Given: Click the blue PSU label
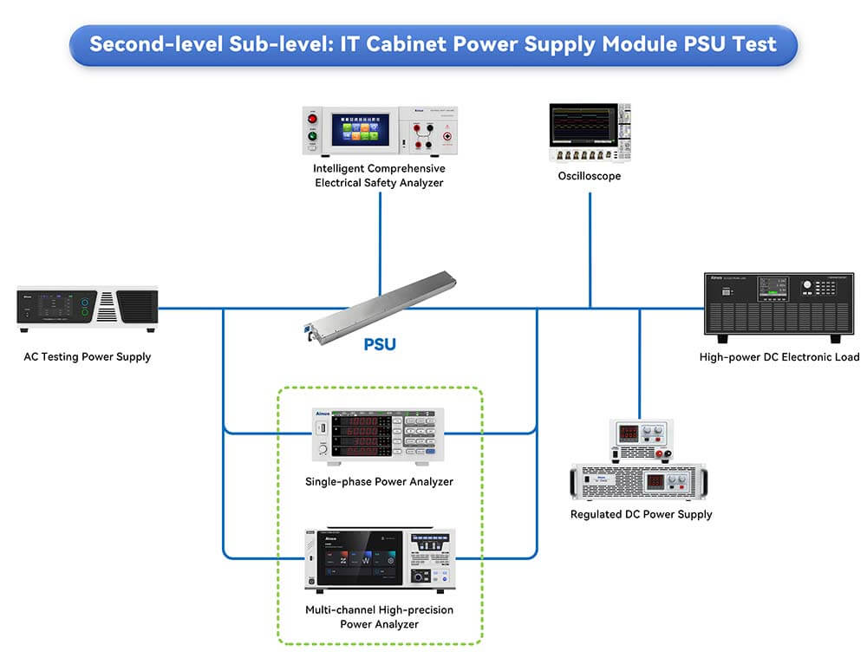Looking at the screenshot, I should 380,344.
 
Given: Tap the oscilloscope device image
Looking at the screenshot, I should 590,133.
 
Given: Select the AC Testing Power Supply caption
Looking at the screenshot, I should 87,356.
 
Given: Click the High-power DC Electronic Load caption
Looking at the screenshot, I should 779,356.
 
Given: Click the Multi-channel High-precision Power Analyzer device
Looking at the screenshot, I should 379,558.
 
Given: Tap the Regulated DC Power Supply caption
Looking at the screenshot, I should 641,514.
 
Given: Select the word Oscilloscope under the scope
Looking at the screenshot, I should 590,176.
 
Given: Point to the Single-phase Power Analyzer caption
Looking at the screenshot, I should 379,481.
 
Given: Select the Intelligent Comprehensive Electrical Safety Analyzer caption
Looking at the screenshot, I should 379,175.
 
